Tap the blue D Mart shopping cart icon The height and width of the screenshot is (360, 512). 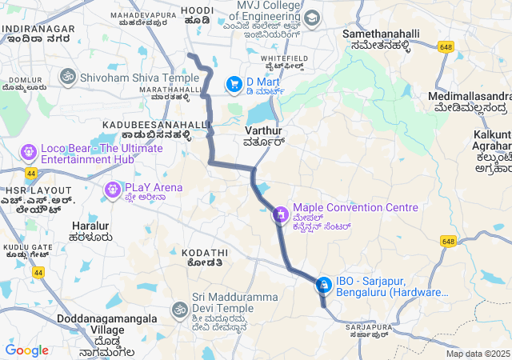point(234,82)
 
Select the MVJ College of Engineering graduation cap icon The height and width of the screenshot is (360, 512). point(311,18)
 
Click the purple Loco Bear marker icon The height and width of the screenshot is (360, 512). point(29,151)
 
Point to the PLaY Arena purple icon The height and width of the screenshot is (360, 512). point(111,189)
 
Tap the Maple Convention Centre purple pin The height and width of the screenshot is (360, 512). point(280,214)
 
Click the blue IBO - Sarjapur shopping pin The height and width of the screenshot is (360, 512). point(323,285)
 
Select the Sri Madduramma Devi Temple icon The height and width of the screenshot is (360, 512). point(179,309)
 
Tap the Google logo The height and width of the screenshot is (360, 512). point(26,350)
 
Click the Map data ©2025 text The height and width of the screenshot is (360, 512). point(478,354)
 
